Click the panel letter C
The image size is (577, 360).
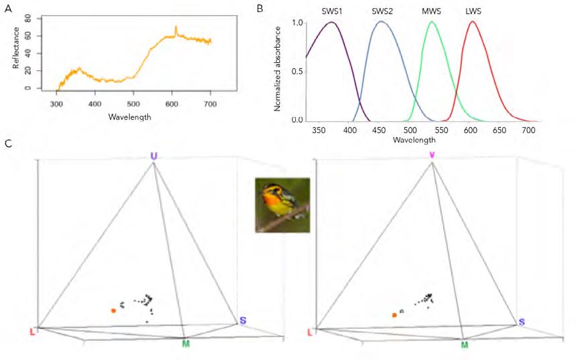(x=7, y=143)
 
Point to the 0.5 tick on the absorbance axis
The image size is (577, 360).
(x=298, y=72)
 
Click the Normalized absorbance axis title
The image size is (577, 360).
(x=276, y=71)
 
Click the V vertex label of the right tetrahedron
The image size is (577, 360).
(x=432, y=156)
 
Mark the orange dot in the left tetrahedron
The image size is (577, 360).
(x=114, y=310)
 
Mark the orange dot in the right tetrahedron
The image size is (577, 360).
(x=394, y=314)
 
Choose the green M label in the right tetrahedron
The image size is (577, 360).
(x=464, y=344)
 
